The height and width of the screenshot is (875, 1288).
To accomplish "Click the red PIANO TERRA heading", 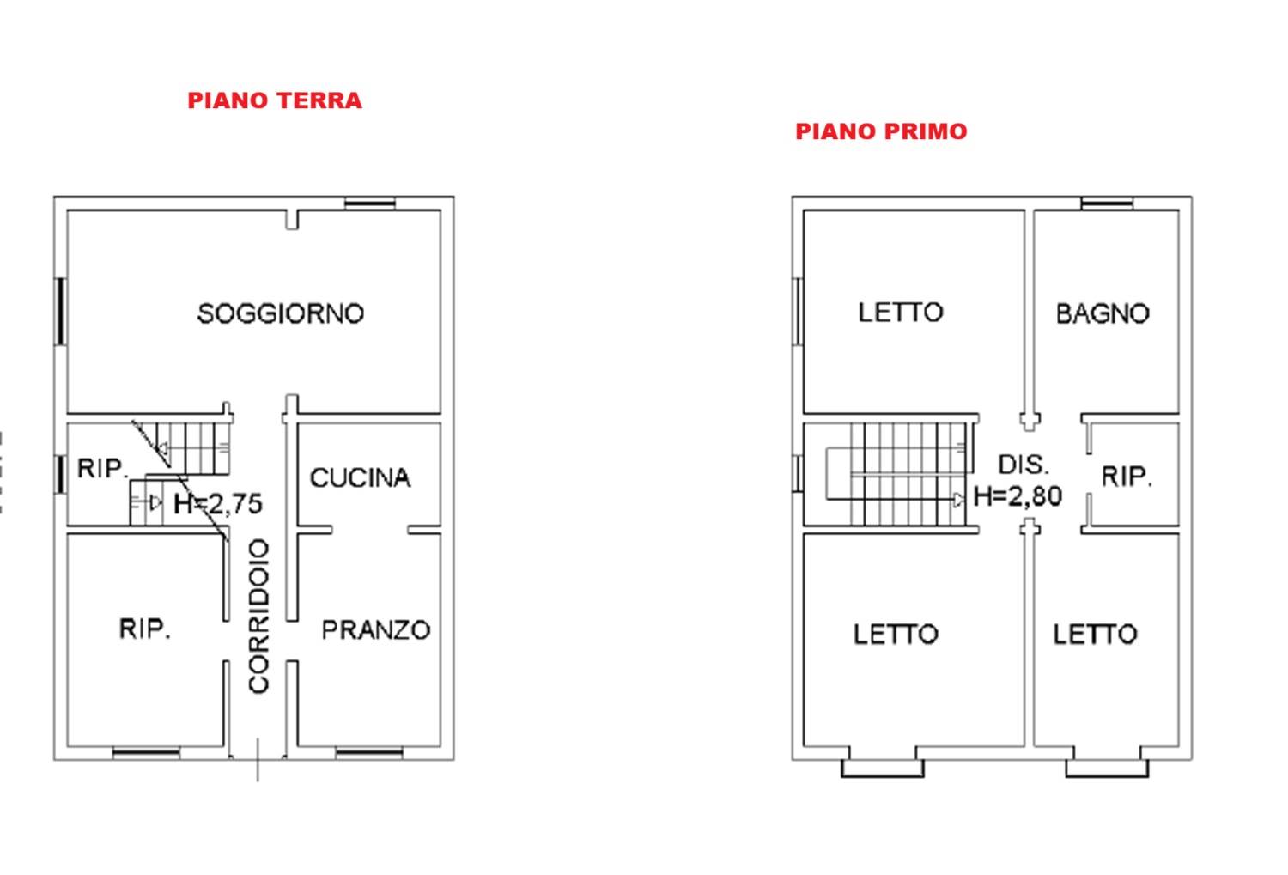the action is point(275,100).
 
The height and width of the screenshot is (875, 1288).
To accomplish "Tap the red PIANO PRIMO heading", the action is point(882,131).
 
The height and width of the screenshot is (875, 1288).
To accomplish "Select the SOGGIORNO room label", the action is point(281,314).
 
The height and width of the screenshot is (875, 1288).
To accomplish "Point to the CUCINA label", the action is point(361,477).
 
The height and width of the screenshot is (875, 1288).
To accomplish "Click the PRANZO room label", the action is point(376,630).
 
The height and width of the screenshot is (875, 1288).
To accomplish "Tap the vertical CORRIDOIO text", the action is point(258,617).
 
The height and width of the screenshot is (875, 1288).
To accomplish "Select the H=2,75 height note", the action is point(218,504).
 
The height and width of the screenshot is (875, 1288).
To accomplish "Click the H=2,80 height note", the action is point(1018,496).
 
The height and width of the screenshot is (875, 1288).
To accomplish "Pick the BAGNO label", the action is point(1103,314).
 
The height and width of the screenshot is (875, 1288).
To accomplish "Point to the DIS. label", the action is point(1024,465).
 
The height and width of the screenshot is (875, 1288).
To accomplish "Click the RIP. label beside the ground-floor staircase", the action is point(102,469).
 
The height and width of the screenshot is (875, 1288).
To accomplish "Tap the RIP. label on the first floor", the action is point(1127,477).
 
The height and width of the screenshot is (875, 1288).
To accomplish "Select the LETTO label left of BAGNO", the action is point(901,313).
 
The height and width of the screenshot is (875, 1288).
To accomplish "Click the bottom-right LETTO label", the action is point(1096,635).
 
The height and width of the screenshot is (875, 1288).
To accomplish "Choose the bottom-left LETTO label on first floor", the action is point(896,634).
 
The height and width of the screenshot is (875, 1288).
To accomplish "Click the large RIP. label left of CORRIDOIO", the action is point(145,629).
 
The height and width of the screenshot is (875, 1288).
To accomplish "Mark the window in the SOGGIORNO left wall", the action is point(60,312).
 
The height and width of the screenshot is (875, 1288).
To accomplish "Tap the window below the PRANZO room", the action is point(369,753).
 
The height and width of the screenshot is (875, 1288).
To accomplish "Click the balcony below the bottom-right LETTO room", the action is point(1107,769).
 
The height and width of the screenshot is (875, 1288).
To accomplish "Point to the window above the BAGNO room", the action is point(1107,204).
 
